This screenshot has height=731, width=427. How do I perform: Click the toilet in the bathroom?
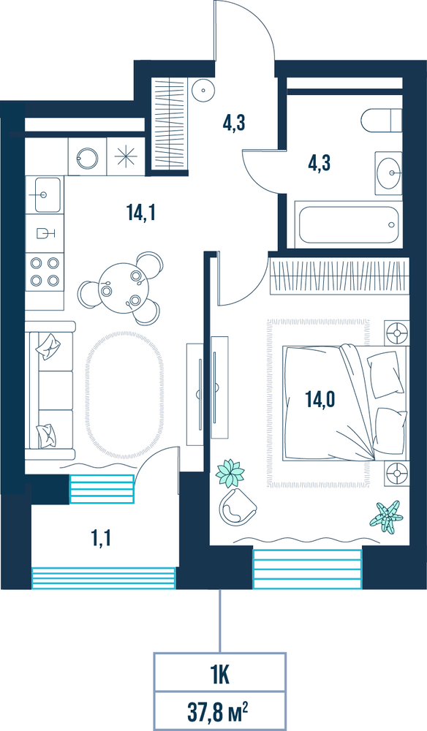tap(381, 121)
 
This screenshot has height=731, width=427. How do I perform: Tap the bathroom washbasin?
tap(388, 173)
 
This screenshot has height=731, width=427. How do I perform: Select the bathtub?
tap(348, 224)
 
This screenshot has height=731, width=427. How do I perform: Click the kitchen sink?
tap(44, 194)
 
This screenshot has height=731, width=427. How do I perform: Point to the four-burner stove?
tap(45, 271)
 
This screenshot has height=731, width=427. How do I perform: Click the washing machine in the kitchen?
tap(87, 156)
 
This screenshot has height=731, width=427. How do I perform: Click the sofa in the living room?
tap(50, 390)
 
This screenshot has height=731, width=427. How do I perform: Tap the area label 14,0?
tap(321, 400)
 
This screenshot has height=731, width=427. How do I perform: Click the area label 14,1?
tap(140, 213)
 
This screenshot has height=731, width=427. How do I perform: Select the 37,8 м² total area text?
tap(217, 712)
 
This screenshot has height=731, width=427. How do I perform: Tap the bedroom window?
tap(307, 569)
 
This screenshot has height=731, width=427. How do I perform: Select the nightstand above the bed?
tap(397, 333)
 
